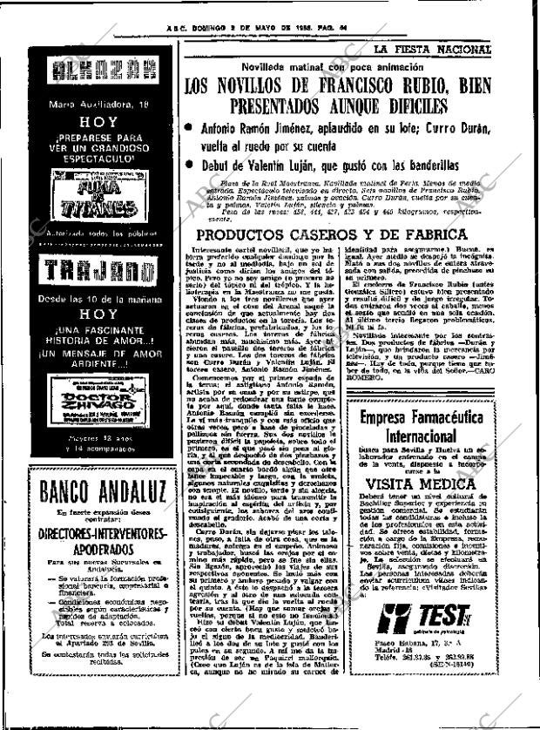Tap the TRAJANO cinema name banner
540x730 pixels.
91,271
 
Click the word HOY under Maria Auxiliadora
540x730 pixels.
91,125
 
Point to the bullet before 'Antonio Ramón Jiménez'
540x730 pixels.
190,128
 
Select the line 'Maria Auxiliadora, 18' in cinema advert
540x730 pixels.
91,105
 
